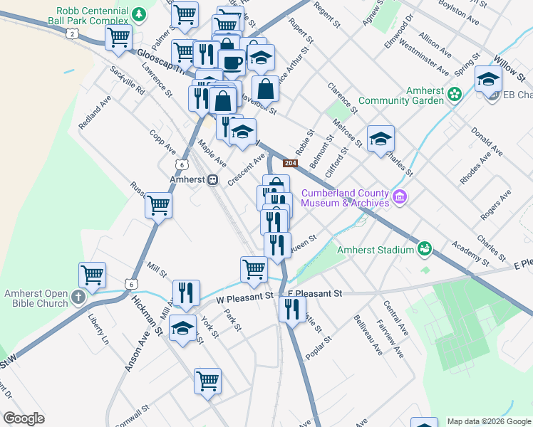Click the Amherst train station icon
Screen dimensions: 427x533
212,181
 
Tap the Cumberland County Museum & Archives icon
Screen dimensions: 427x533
399,196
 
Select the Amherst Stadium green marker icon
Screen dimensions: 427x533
425,248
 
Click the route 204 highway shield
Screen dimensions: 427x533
289,164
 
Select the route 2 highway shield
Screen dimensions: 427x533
71,33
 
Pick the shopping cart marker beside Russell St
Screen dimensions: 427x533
158,206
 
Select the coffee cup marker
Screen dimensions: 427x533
232,61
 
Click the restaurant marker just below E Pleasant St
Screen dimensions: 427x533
291,309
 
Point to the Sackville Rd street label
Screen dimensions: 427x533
128,82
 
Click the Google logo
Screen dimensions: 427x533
24,418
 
